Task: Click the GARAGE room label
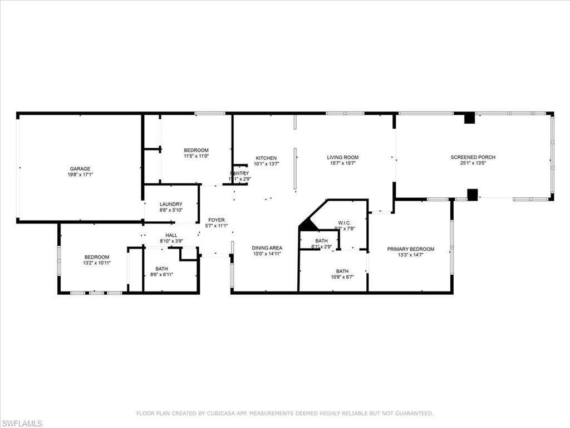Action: point(80,169)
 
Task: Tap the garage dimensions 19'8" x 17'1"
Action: point(80,175)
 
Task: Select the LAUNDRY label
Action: point(171,204)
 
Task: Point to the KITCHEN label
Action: point(266,158)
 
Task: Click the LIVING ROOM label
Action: point(342,157)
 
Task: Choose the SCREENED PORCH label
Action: point(473,157)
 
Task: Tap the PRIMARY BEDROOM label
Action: point(411,249)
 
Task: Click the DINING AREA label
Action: point(267,248)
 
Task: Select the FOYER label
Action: point(217,220)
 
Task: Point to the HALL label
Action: point(171,235)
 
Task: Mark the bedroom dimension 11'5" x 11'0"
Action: point(196,156)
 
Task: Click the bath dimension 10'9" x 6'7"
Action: point(342,277)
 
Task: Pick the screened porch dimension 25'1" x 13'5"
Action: point(473,163)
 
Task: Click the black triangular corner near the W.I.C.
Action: point(307,226)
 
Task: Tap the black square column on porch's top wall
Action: point(469,118)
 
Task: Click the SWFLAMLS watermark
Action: point(22,424)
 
